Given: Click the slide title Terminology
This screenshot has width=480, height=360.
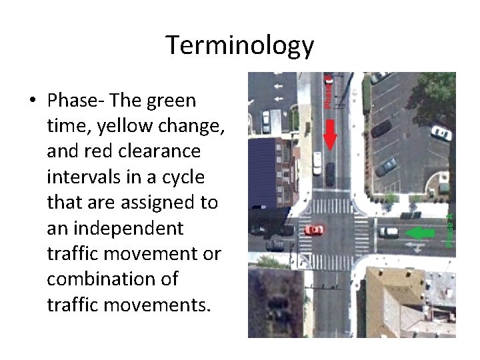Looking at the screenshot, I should click(239, 45).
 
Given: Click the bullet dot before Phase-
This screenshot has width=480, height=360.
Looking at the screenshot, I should click(32, 101).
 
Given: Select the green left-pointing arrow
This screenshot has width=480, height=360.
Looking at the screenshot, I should click(421, 233).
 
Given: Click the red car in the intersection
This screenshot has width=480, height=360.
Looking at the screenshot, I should click(313, 230).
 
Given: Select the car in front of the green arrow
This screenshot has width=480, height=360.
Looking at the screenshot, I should click(389, 232).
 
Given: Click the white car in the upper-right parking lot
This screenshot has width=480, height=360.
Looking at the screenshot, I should click(441, 133).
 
